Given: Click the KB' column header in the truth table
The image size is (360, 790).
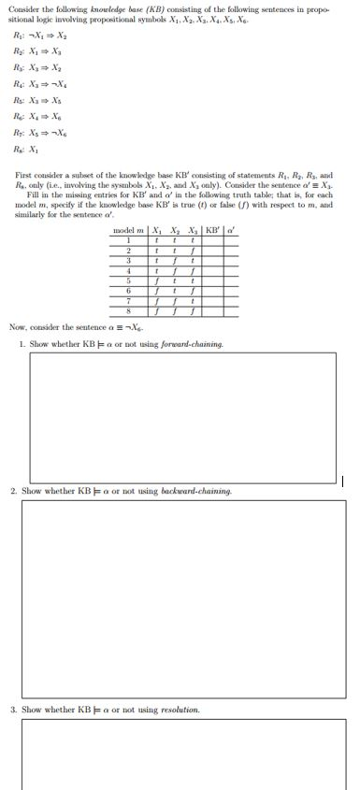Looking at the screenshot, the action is [x=210, y=229].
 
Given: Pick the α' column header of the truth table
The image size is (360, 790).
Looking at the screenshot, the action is [x=231, y=229].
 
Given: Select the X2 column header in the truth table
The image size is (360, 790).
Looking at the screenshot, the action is [x=174, y=229].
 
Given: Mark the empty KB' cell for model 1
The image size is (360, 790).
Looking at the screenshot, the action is [x=210, y=240].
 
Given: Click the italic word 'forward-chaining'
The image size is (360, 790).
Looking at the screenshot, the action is [x=192, y=344].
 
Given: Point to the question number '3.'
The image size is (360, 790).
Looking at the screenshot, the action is [x=14, y=710].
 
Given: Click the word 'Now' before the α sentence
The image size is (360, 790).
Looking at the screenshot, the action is [x=17, y=327].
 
